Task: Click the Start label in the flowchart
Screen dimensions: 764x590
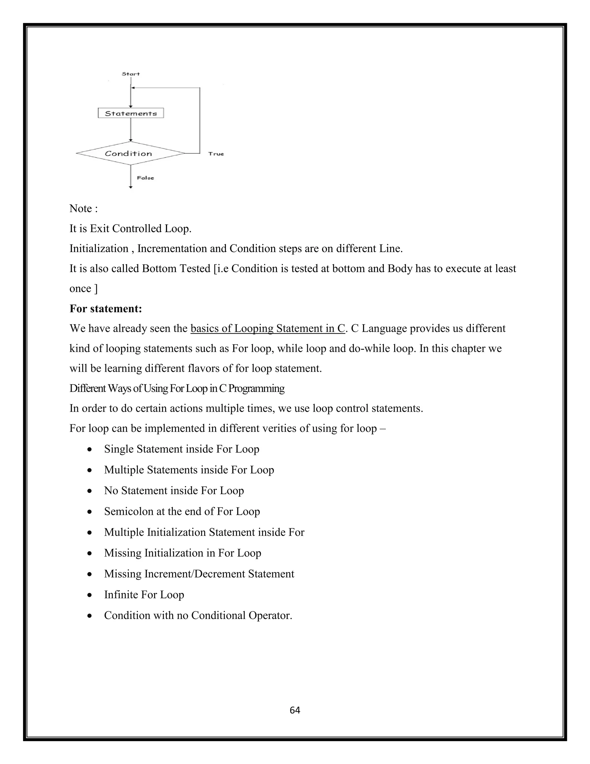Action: (131, 74)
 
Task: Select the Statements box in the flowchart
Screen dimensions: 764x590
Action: (131, 113)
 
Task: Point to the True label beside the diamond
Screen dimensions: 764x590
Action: (216, 154)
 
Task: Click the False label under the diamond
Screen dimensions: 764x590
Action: (145, 178)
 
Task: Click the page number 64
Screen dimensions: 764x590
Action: (295, 710)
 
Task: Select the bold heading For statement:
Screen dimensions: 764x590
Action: (105, 308)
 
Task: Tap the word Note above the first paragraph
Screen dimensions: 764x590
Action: (80, 208)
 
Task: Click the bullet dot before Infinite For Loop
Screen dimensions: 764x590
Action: (90, 595)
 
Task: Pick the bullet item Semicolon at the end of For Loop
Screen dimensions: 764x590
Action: (182, 511)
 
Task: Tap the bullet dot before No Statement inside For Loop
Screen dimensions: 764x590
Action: (90, 491)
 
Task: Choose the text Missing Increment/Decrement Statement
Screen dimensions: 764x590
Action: (199, 574)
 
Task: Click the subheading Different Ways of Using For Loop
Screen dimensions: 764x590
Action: (177, 389)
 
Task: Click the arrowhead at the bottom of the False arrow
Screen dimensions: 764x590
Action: (131, 187)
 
